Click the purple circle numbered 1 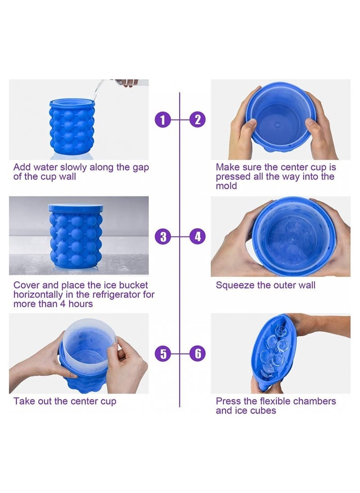tap(163, 120)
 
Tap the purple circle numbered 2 tap(197, 120)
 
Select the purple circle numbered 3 tap(163, 236)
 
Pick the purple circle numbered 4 tap(197, 236)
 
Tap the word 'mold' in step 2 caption tap(226, 186)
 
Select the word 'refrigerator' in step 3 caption tap(118, 295)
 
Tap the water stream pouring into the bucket tap(96, 90)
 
